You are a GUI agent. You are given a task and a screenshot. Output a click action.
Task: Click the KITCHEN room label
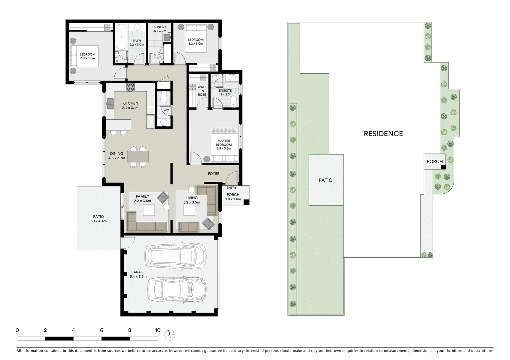tap(130, 105)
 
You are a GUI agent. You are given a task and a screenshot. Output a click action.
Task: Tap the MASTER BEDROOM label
tap(223, 145)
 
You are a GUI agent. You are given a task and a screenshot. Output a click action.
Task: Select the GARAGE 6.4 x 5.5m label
tap(138, 274)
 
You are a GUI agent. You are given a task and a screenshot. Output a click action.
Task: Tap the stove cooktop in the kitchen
tap(130, 87)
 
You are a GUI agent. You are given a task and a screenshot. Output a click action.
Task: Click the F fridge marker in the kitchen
tap(150, 122)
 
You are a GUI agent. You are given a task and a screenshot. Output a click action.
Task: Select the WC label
tap(166, 110)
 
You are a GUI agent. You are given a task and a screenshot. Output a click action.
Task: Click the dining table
tap(138, 156)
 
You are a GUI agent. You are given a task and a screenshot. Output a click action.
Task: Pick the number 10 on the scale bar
tap(158, 330)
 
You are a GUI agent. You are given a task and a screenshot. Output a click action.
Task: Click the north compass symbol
tap(170, 334)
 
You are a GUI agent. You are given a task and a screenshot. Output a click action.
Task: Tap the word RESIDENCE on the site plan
tap(383, 134)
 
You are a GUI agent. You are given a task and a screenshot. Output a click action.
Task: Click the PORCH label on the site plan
tap(434, 161)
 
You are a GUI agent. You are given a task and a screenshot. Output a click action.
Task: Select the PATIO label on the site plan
tap(325, 180)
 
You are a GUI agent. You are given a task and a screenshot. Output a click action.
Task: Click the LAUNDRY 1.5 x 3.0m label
tap(159, 29)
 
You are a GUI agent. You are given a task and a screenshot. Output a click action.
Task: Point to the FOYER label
tap(213, 174)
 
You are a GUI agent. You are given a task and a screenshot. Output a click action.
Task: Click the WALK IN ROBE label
tap(202, 91)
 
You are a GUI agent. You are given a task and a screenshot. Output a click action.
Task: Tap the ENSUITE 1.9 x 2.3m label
tap(225, 92)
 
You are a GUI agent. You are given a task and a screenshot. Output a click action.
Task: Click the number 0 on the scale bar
tap(17, 330)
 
